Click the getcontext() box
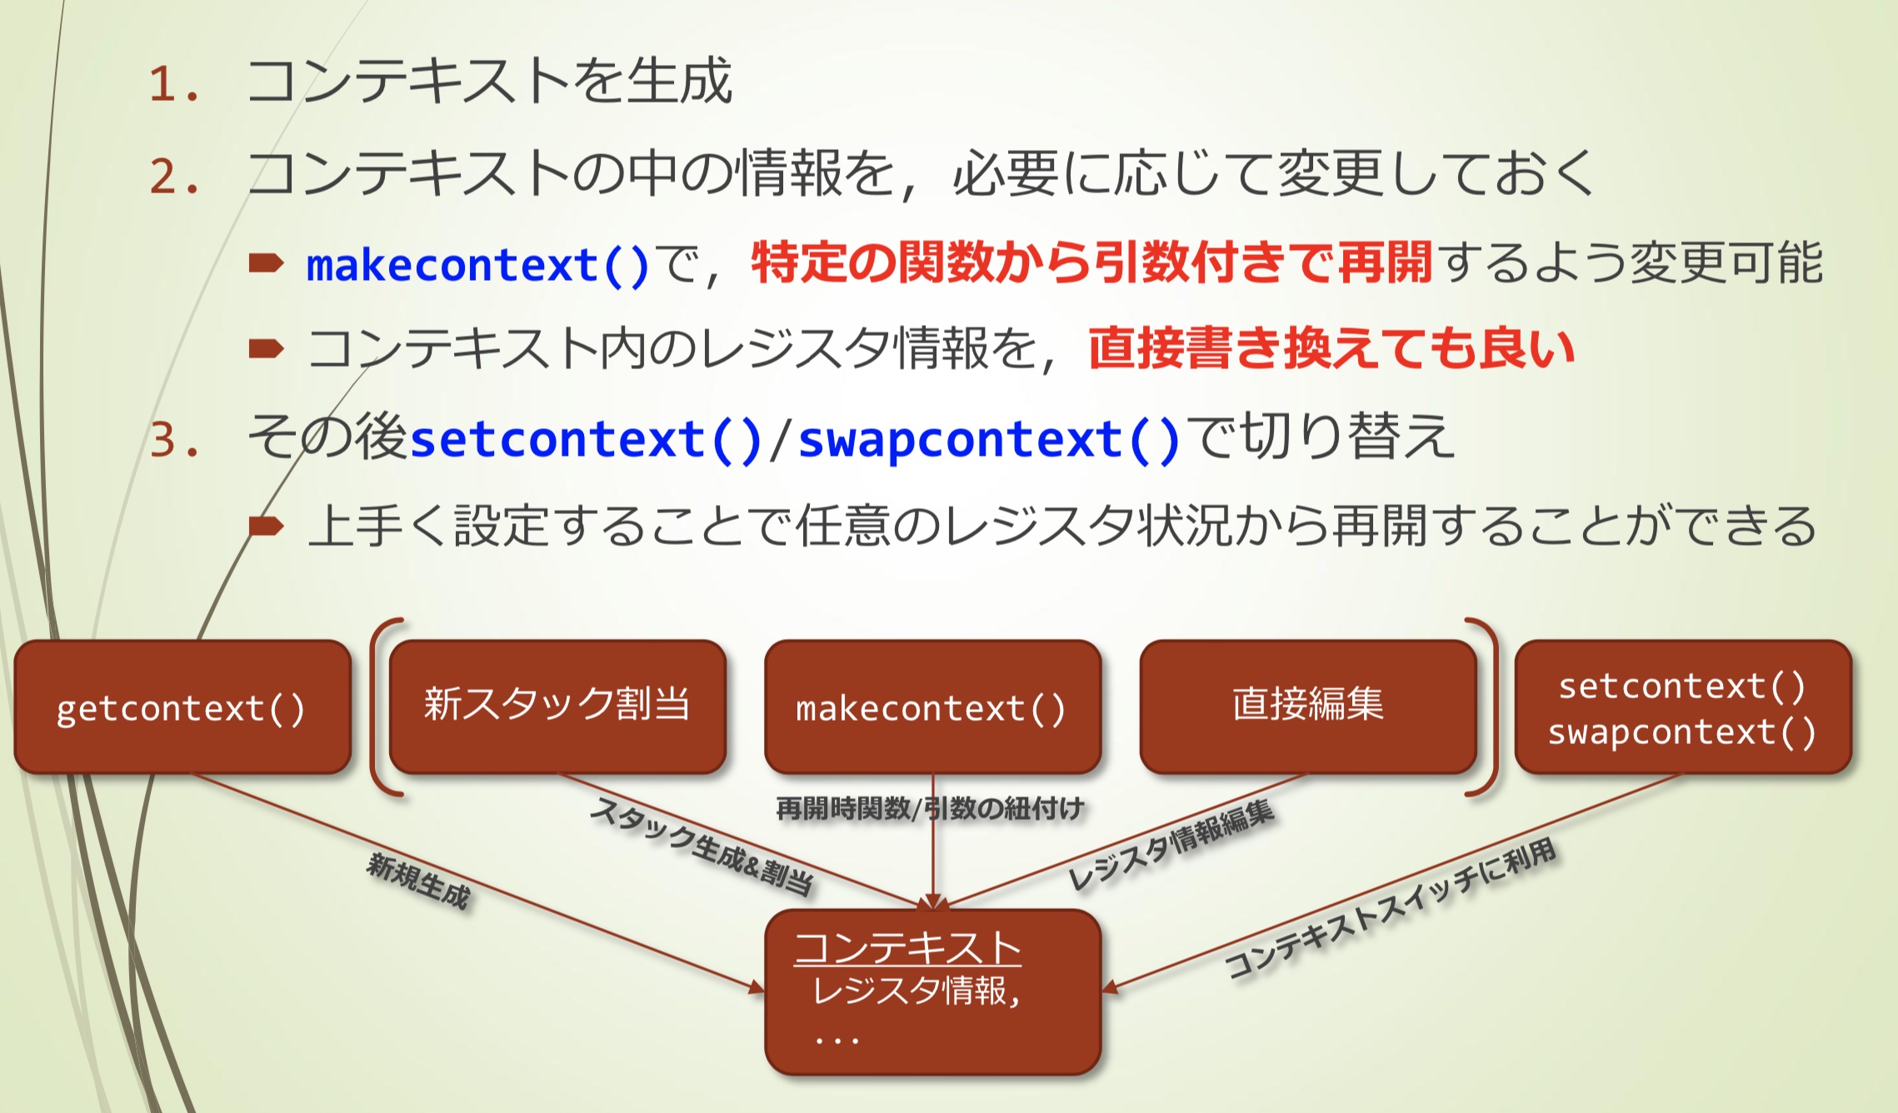coord(182,707)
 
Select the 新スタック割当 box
coord(557,706)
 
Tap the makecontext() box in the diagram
coord(932,707)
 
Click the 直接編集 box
coord(1307,705)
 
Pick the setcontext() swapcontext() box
coord(1682,708)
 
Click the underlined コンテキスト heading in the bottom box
coord(907,948)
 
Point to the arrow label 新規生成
coord(419,881)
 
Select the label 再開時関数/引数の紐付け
coord(930,807)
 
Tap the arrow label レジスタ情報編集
coord(1171,843)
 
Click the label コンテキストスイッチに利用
coord(1390,907)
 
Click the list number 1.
coord(172,85)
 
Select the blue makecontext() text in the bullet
coord(477,266)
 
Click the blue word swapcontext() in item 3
coord(989,439)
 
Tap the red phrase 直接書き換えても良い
coord(1331,348)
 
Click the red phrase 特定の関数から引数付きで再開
coord(1091,262)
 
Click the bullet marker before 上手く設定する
coord(266,526)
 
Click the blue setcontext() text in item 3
coord(586,439)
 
